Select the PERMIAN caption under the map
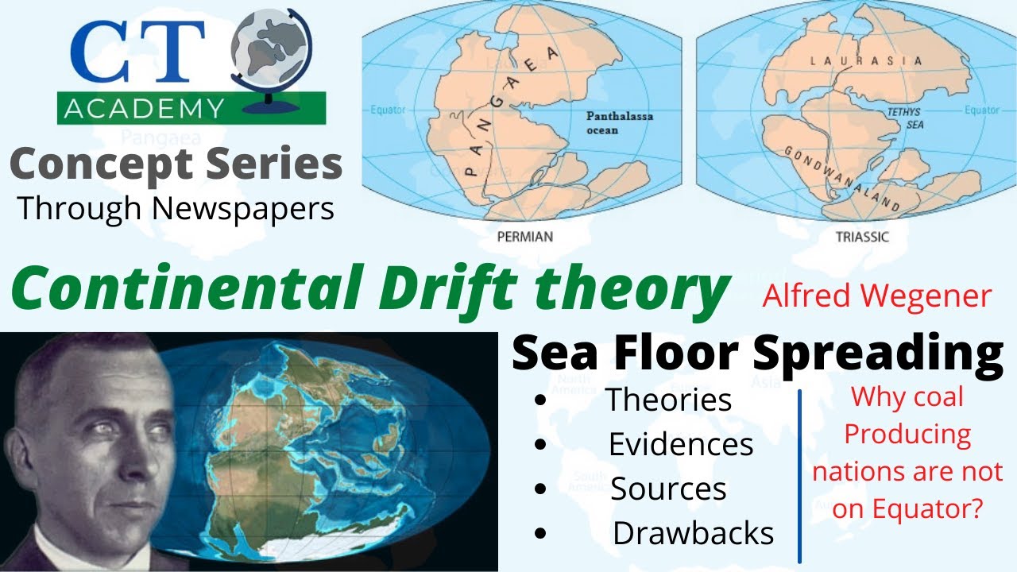pos(524,236)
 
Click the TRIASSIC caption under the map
pos(862,236)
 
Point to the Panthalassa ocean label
pos(619,122)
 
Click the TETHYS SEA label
pos(903,118)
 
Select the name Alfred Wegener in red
pos(877,296)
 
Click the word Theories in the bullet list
pos(668,400)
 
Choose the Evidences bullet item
pos(681,444)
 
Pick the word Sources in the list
pos(668,489)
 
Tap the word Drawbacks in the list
pos(693,533)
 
